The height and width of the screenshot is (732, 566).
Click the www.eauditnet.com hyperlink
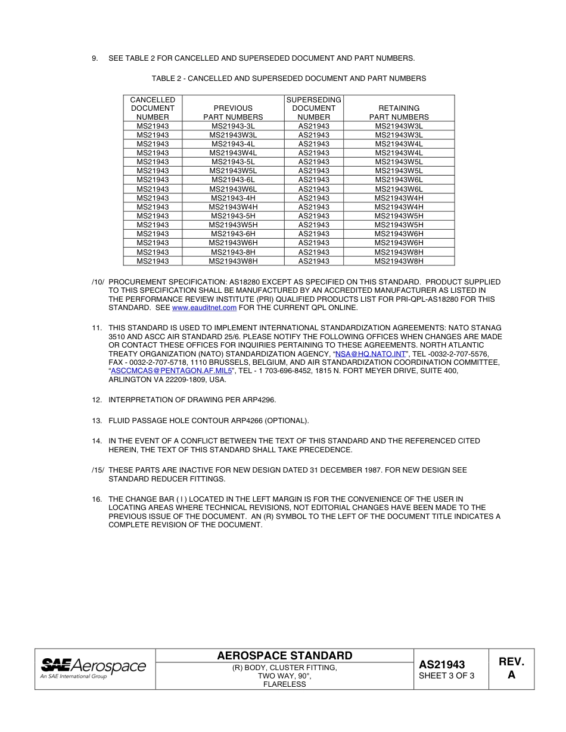click(204, 308)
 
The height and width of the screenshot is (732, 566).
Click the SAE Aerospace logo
click(94, 668)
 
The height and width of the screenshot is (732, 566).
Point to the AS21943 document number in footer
click(441, 665)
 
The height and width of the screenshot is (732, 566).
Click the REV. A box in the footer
click(511, 668)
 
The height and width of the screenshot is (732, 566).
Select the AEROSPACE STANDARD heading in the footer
click(285, 656)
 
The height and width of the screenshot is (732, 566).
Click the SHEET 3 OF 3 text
click(447, 676)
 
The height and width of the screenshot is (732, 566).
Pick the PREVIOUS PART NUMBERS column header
click(233, 112)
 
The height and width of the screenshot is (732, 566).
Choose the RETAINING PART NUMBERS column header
click(399, 112)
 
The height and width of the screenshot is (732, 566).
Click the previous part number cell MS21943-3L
click(233, 126)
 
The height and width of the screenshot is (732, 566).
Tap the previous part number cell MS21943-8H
click(233, 252)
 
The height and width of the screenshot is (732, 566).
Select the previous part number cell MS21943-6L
click(233, 180)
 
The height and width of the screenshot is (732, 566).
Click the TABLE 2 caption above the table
click(288, 79)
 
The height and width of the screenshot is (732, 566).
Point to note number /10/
click(98, 282)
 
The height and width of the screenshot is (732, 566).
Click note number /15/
click(98, 470)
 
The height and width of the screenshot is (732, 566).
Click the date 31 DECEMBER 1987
click(346, 470)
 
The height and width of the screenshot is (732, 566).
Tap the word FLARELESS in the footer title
click(284, 684)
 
